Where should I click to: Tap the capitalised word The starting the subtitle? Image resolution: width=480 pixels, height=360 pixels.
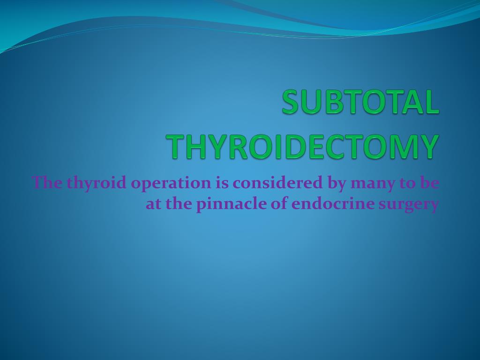(x=47, y=182)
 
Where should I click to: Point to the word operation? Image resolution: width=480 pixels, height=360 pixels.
(x=171, y=183)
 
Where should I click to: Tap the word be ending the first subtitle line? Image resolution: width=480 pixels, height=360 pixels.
(x=429, y=182)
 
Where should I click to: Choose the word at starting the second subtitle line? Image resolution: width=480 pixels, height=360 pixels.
(x=153, y=205)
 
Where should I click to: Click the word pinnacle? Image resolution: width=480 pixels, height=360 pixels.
(x=225, y=205)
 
